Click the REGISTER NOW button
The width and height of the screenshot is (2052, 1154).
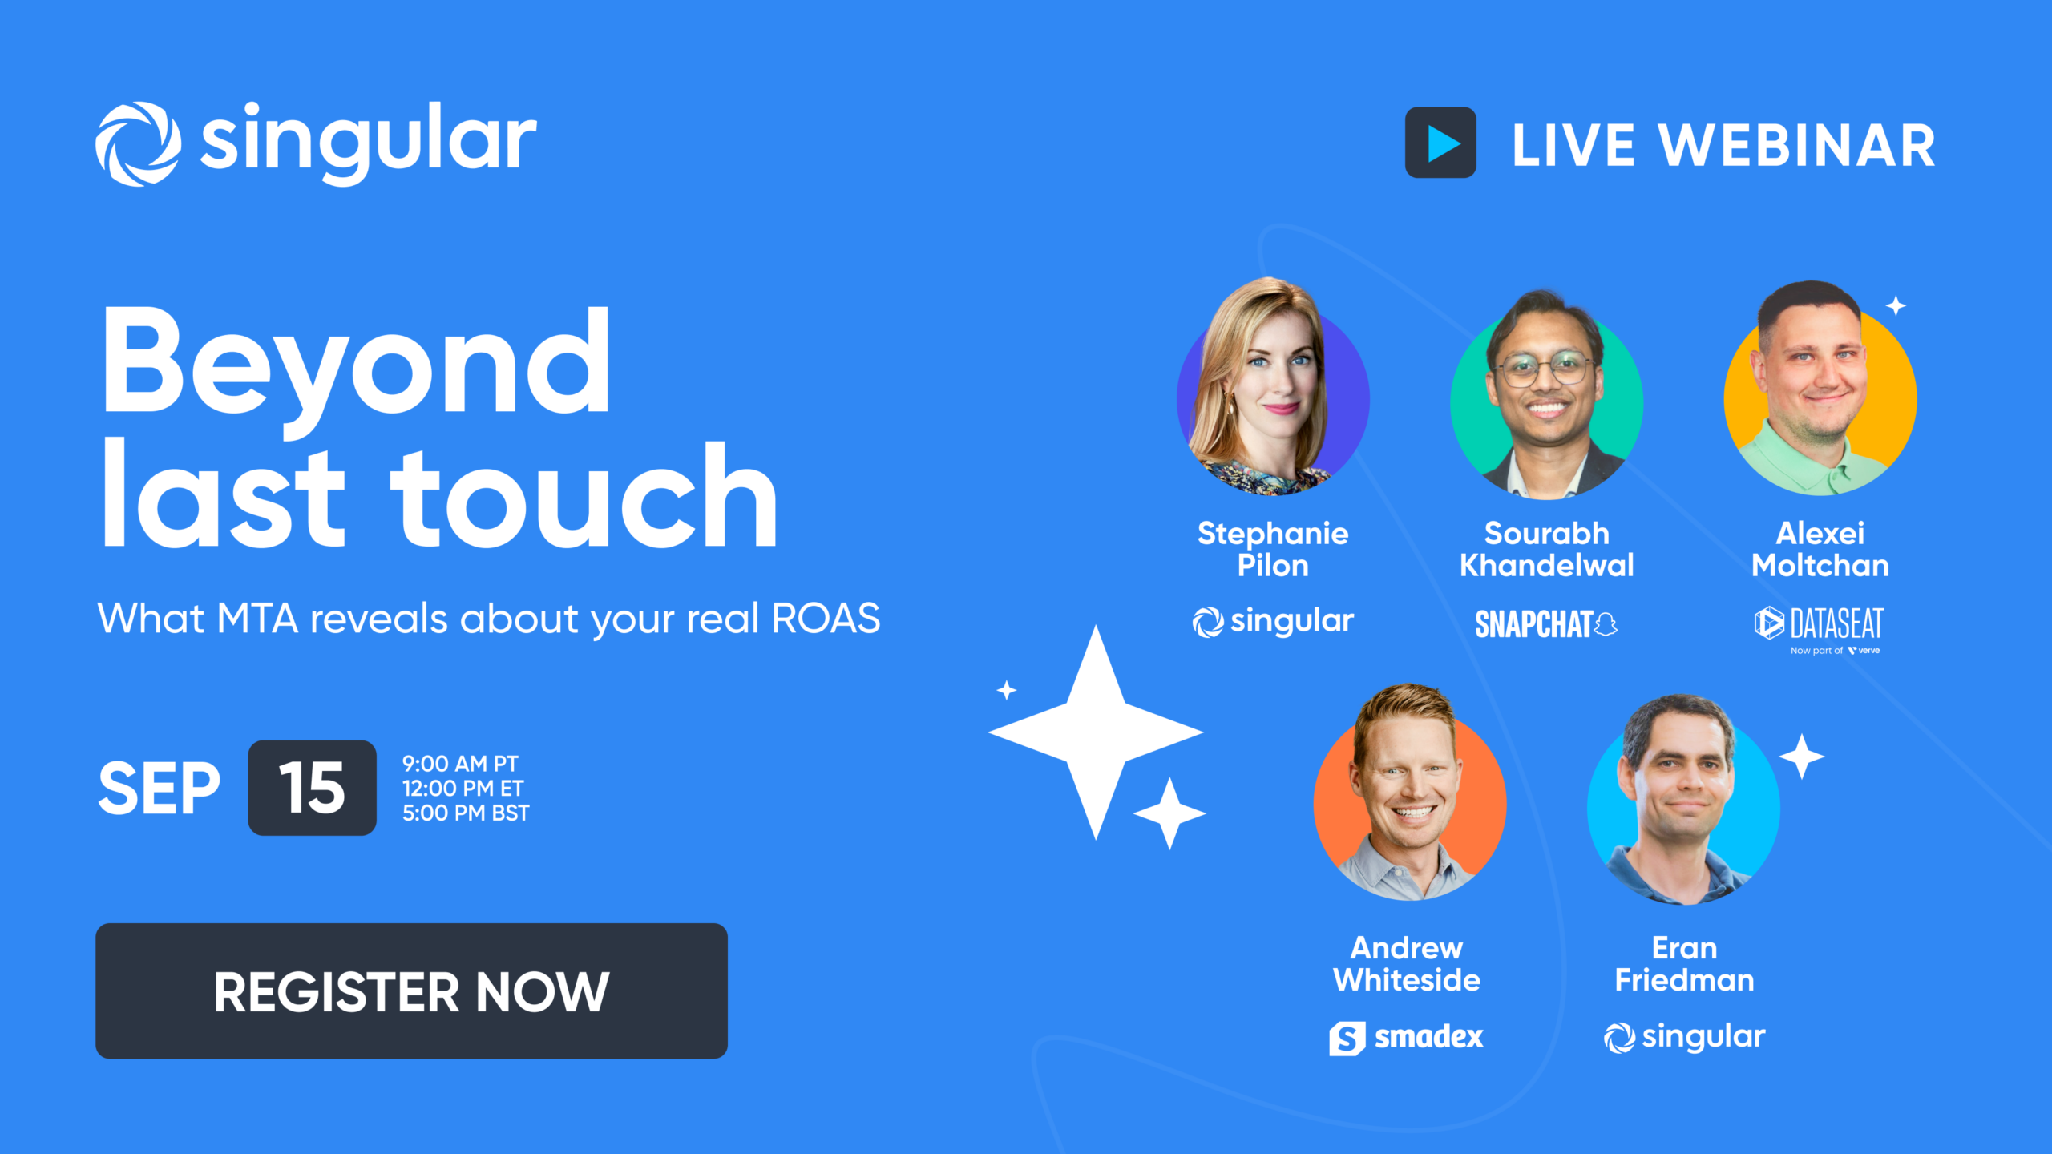pos(411,991)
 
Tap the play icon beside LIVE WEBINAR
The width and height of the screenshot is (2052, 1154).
pos(1440,143)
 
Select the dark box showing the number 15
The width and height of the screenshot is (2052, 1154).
pos(312,788)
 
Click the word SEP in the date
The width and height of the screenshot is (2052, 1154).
pos(159,789)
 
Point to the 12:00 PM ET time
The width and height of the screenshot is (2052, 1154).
pos(463,789)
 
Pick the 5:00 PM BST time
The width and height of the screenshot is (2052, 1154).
pos(466,813)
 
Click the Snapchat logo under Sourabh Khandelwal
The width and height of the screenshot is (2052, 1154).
pos(1546,624)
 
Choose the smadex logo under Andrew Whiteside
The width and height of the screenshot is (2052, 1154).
pos(1406,1038)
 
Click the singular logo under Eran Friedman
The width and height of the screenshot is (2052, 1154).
pos(1684,1037)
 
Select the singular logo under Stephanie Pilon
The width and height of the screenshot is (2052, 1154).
pos(1273,622)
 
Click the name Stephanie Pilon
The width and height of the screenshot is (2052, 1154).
pos(1273,549)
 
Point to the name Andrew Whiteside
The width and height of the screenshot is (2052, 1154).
pos(1407,964)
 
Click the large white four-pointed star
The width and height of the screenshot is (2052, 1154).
pos(1096,732)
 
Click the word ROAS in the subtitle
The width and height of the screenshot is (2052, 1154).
pos(826,619)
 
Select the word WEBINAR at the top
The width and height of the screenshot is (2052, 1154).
pos(1796,146)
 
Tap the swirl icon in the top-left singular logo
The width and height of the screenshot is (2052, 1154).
pos(138,144)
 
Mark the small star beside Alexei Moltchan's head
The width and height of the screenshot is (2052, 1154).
pos(1896,305)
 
